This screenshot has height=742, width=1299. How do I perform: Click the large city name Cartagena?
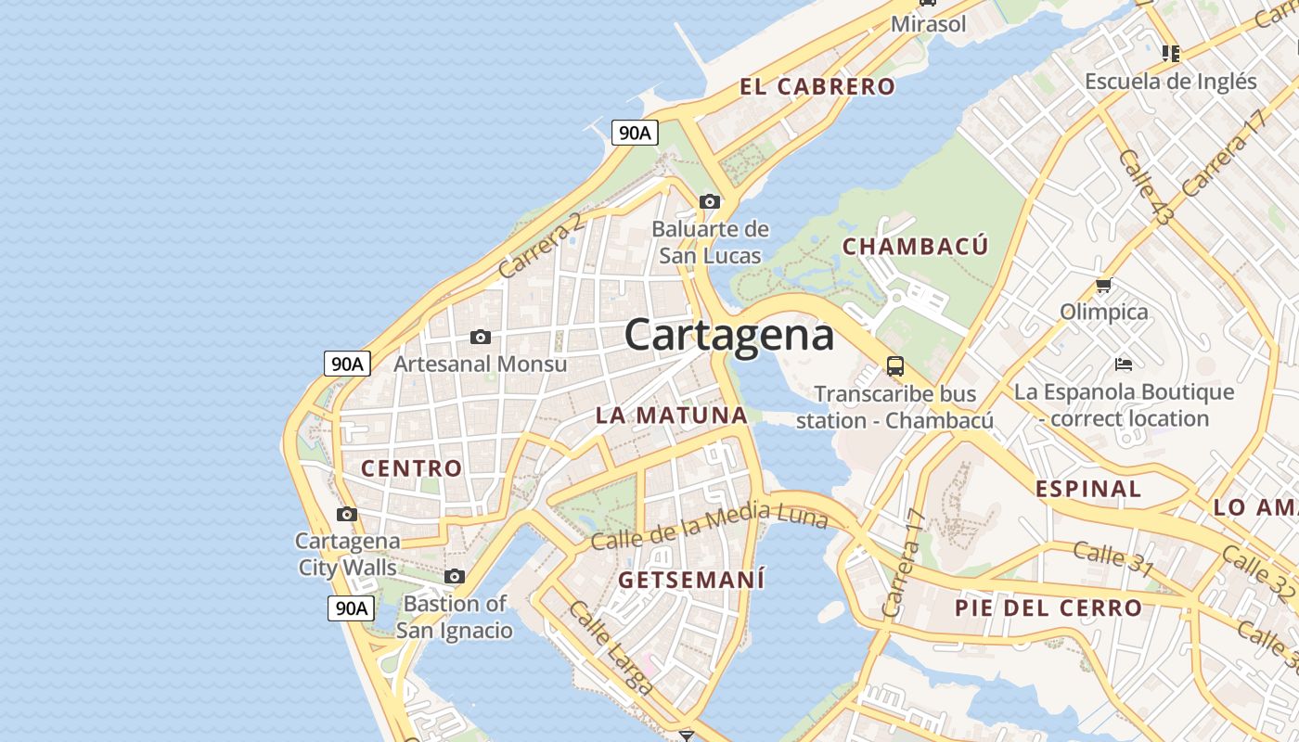click(729, 335)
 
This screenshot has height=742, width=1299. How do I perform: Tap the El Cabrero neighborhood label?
click(817, 87)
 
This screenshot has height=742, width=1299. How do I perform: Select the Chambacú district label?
click(915, 247)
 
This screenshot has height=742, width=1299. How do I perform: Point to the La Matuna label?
click(672, 415)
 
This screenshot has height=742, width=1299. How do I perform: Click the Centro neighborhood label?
click(411, 468)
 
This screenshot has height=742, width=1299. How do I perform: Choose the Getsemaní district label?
click(691, 581)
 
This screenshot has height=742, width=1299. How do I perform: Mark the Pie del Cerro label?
click(1048, 608)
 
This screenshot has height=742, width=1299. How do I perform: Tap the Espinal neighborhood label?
click(1088, 489)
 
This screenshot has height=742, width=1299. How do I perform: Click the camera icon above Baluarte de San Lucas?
click(710, 201)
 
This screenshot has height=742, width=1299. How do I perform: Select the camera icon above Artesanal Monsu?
click(481, 337)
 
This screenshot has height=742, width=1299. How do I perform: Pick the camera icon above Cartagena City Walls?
click(347, 514)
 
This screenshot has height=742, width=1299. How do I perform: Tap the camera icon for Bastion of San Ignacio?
click(454, 576)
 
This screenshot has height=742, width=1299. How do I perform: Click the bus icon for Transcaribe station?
click(895, 365)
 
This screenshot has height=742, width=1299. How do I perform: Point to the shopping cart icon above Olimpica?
click(1103, 285)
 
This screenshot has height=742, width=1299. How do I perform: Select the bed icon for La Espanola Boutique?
click(1124, 364)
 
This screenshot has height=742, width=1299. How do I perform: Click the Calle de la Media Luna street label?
click(710, 526)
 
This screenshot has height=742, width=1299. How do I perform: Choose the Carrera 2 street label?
click(542, 246)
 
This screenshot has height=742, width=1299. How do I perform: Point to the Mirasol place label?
click(928, 24)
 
